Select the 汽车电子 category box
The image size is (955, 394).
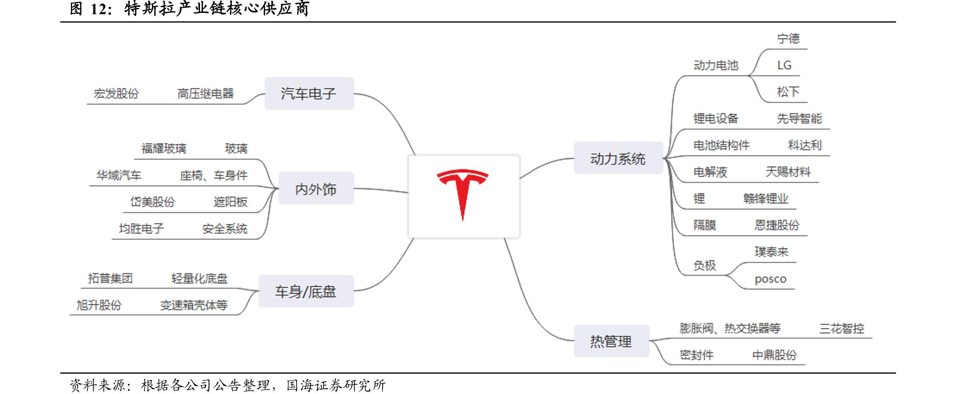[309, 93]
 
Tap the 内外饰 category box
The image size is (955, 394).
[316, 189]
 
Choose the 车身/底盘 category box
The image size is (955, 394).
[306, 291]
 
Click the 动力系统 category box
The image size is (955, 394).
[618, 159]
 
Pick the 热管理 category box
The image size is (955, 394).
[611, 341]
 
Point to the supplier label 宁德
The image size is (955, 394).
[788, 38]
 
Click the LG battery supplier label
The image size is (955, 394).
[784, 65]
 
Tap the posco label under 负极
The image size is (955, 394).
[770, 279]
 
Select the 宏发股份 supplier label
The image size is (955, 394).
[116, 93]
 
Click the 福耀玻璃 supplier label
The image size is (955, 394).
[164, 149]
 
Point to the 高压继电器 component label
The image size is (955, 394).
[205, 93]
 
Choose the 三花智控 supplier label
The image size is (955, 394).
[841, 328]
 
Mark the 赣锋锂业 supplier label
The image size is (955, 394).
[765, 198]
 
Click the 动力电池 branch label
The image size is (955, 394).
[716, 65]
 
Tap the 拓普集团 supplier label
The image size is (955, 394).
[110, 278]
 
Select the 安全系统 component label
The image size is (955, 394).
[225, 229]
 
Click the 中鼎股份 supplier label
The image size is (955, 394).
[774, 355]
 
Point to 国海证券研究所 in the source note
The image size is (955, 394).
[336, 385]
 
